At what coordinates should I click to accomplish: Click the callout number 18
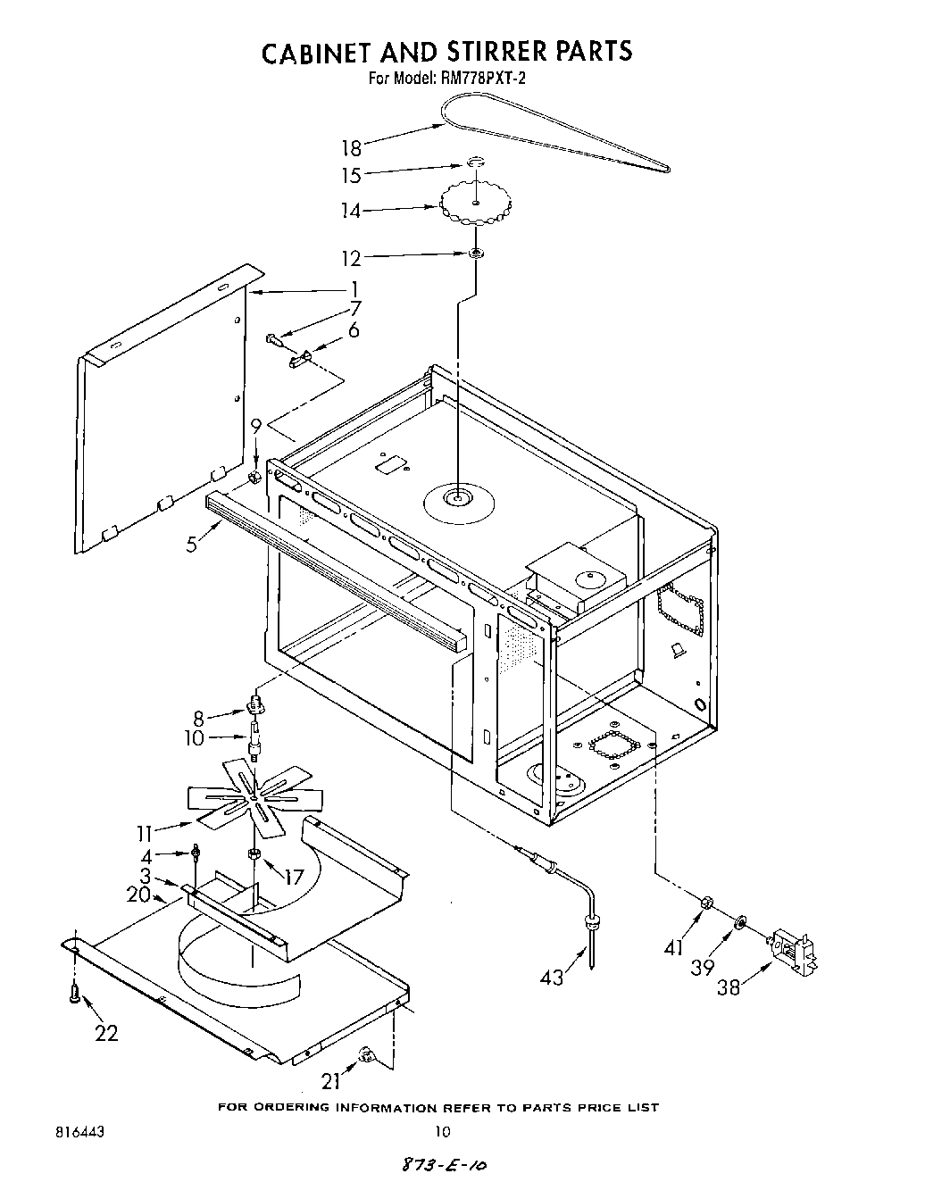pos(351,148)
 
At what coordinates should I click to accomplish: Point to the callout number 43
pos(552,978)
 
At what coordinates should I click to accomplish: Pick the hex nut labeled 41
pos(703,903)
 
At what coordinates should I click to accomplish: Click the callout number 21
pos(331,1081)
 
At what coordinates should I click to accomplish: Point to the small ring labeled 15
pos(477,163)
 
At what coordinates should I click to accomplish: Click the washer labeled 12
pos(476,254)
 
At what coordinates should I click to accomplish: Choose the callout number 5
pos(192,544)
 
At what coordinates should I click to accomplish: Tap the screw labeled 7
pos(273,339)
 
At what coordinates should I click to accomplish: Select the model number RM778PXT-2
pos(482,79)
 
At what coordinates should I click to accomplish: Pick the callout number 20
pos(138,894)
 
